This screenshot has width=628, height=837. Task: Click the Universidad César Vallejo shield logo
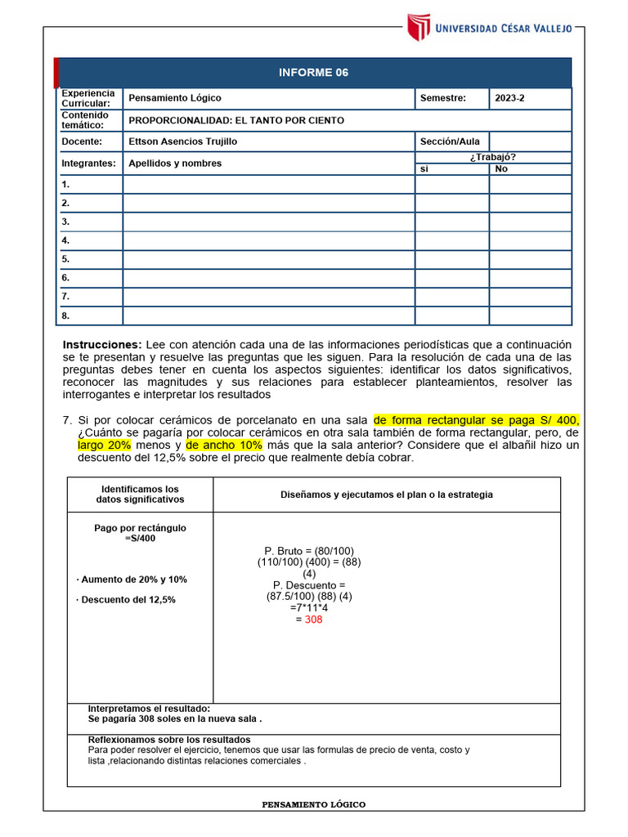point(419,27)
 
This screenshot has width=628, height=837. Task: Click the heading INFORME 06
point(313,73)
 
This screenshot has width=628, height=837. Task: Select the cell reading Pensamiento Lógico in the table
point(175,98)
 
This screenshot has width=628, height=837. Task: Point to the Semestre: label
point(442,98)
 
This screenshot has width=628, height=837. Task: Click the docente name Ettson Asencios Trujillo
point(183,141)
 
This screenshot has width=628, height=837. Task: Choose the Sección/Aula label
point(450,141)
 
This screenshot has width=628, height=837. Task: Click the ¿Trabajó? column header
point(492,157)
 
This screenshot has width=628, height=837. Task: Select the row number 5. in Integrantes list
point(65,259)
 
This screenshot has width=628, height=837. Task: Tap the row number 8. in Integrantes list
point(65,316)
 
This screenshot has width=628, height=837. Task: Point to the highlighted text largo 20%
point(105,445)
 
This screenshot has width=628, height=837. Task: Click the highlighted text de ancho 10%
point(224,445)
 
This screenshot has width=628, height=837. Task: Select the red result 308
point(314,620)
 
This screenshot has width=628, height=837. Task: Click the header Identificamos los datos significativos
point(140,495)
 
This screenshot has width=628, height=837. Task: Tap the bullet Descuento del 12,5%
point(126,599)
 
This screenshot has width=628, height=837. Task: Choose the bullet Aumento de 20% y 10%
point(132,580)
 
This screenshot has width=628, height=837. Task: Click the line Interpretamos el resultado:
point(149,709)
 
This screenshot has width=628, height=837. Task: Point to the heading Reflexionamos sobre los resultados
point(168,740)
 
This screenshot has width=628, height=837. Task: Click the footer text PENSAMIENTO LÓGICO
point(314,805)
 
